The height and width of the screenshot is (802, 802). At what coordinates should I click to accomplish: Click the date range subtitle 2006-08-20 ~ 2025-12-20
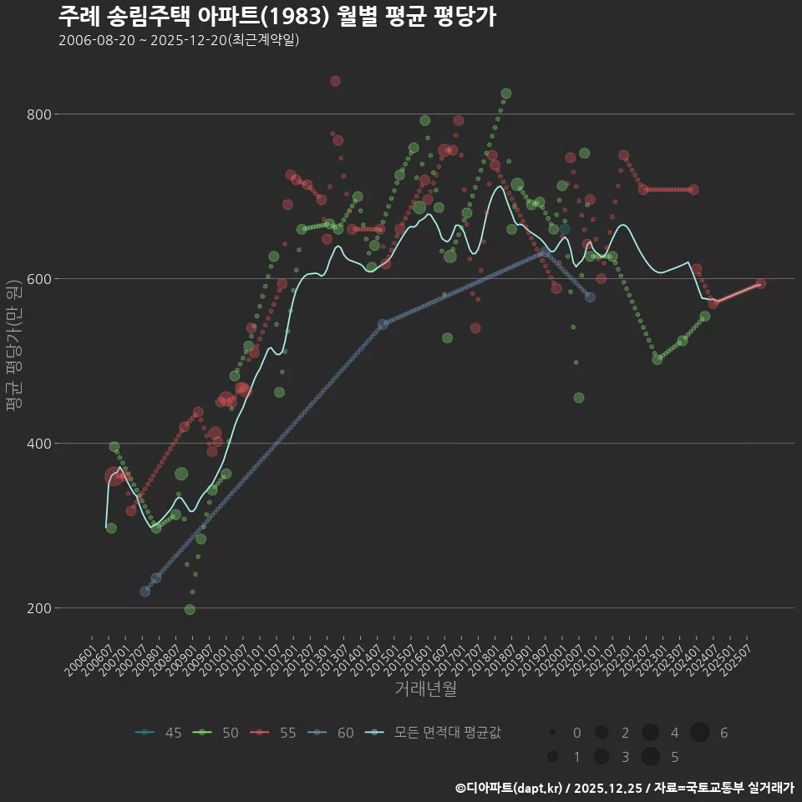[179, 40]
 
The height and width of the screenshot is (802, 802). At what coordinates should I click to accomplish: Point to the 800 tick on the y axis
[40, 114]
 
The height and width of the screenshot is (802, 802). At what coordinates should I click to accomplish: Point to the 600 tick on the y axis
[40, 279]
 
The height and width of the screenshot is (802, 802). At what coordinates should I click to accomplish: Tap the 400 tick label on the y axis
[40, 444]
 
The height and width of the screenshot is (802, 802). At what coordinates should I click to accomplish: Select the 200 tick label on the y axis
[40, 608]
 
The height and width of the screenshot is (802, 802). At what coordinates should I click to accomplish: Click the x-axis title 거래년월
[425, 689]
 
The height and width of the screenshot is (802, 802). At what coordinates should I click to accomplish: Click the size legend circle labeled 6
[699, 733]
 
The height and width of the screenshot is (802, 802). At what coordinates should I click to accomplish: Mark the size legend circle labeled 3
[601, 757]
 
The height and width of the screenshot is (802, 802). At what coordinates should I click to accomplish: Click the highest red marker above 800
[335, 81]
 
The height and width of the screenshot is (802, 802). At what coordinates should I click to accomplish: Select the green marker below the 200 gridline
[190, 610]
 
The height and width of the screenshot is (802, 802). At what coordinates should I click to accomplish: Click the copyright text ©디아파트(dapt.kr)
[510, 788]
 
